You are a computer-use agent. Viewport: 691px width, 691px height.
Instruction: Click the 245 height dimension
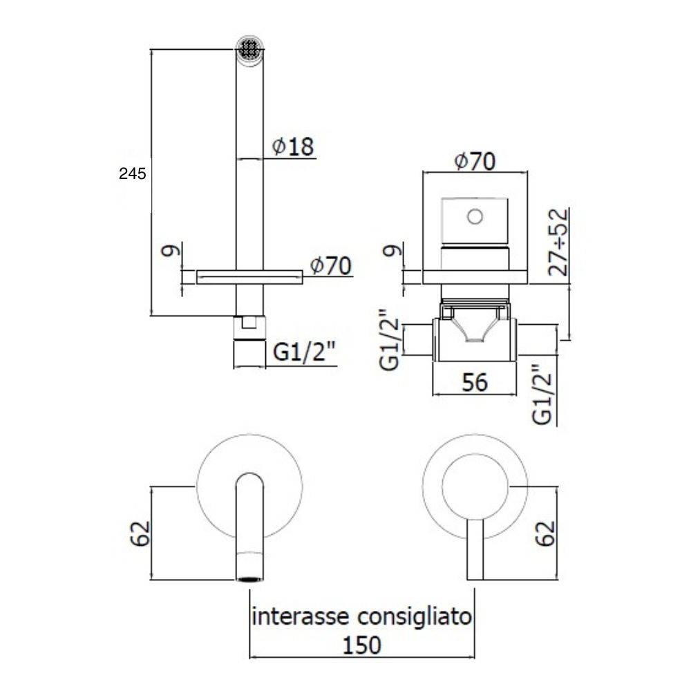[132, 173]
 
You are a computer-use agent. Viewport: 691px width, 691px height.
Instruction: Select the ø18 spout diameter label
[293, 146]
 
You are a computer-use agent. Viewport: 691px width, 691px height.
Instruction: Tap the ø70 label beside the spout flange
[330, 266]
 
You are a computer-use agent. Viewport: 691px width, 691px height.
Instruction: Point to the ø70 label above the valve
[475, 161]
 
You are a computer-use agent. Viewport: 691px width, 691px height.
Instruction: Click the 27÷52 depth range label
[558, 242]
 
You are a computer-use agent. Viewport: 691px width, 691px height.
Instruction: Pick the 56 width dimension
[475, 382]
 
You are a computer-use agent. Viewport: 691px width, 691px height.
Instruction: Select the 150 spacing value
[362, 645]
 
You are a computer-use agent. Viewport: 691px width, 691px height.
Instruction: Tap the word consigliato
[415, 617]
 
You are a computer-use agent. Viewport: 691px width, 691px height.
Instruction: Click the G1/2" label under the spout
[304, 352]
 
